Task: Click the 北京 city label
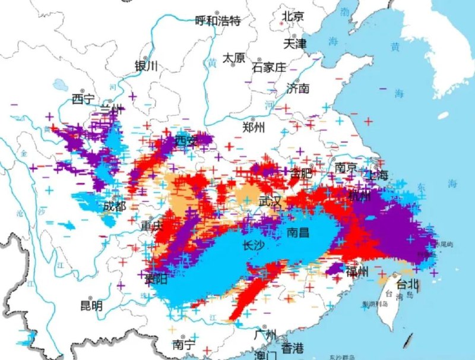click(x=293, y=16)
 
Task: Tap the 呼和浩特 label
click(x=218, y=21)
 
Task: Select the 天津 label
click(x=294, y=43)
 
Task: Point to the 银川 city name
click(x=147, y=66)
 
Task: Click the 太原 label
click(x=234, y=58)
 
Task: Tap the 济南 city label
click(x=298, y=89)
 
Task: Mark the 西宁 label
click(x=84, y=99)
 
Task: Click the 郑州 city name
click(x=255, y=127)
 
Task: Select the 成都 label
click(x=115, y=206)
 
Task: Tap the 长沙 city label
click(x=254, y=245)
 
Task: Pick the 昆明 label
click(x=91, y=306)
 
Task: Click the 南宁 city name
click(x=184, y=344)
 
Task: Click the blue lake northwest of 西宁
click(x=61, y=85)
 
